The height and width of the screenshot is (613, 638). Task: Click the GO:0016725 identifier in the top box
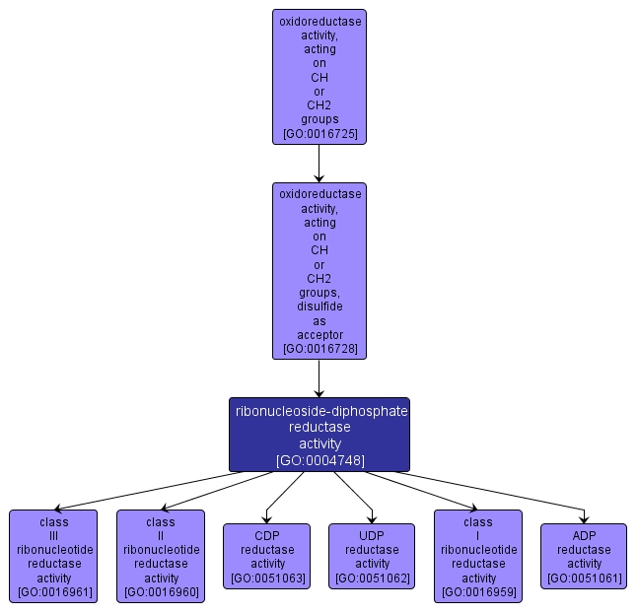(x=319, y=133)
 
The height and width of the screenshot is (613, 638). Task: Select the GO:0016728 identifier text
(x=319, y=349)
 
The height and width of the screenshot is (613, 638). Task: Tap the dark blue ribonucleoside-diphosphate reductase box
(x=319, y=434)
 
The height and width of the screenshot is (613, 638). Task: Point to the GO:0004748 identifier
(x=319, y=459)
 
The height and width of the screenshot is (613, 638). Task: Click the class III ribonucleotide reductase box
(x=53, y=556)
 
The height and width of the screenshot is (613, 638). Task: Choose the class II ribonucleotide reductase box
(x=160, y=556)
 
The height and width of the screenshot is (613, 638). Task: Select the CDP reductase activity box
(x=266, y=556)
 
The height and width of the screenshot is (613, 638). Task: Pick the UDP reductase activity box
(x=372, y=556)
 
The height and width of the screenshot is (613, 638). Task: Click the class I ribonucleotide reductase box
(x=478, y=556)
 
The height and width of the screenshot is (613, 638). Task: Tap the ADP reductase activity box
(x=584, y=556)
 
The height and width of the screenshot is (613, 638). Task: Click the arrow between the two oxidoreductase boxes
(x=319, y=164)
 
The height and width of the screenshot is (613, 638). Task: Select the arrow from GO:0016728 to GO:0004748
(x=319, y=378)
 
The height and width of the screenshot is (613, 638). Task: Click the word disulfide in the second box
(x=319, y=306)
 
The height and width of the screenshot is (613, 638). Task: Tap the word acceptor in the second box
(x=319, y=335)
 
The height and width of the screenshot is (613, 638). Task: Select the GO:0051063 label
(x=266, y=578)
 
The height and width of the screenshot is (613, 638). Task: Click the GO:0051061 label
(x=584, y=578)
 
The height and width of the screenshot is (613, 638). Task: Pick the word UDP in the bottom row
(x=372, y=535)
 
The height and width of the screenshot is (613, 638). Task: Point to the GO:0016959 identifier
(x=478, y=592)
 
